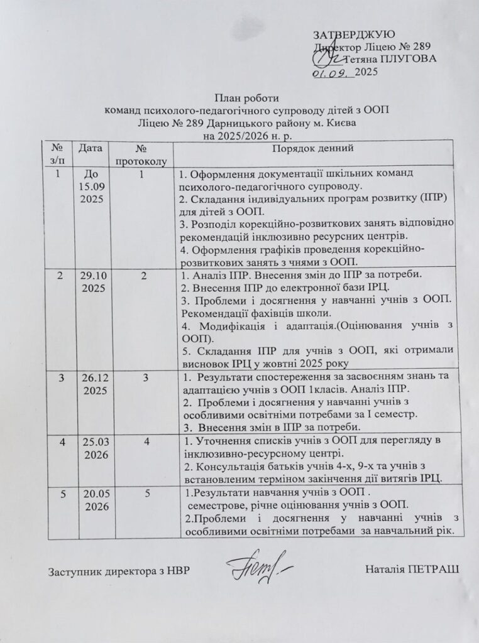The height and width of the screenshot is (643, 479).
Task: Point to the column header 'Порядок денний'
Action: pyautogui.click(x=314, y=148)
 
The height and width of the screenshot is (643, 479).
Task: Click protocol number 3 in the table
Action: pyautogui.click(x=146, y=377)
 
